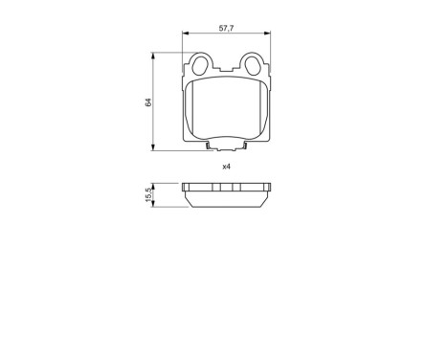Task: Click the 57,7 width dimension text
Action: point(227,30)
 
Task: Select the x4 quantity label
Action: point(227,167)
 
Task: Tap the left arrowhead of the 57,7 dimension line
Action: point(186,35)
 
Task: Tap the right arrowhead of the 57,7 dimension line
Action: point(268,35)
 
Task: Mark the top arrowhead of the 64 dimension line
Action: point(155,56)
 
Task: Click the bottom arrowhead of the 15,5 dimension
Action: point(155,205)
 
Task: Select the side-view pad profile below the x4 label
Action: point(227,196)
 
